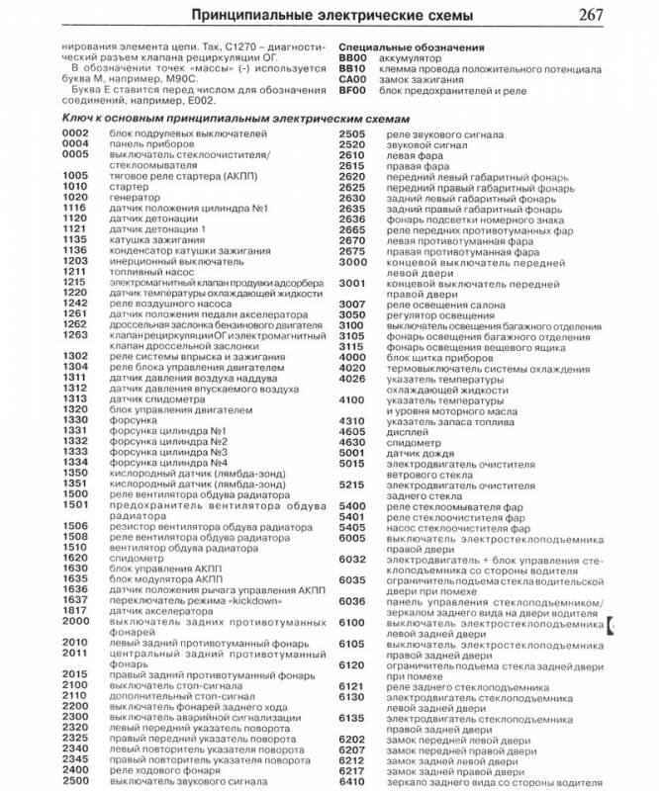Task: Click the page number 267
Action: coord(625,14)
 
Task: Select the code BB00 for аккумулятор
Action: coord(352,58)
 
